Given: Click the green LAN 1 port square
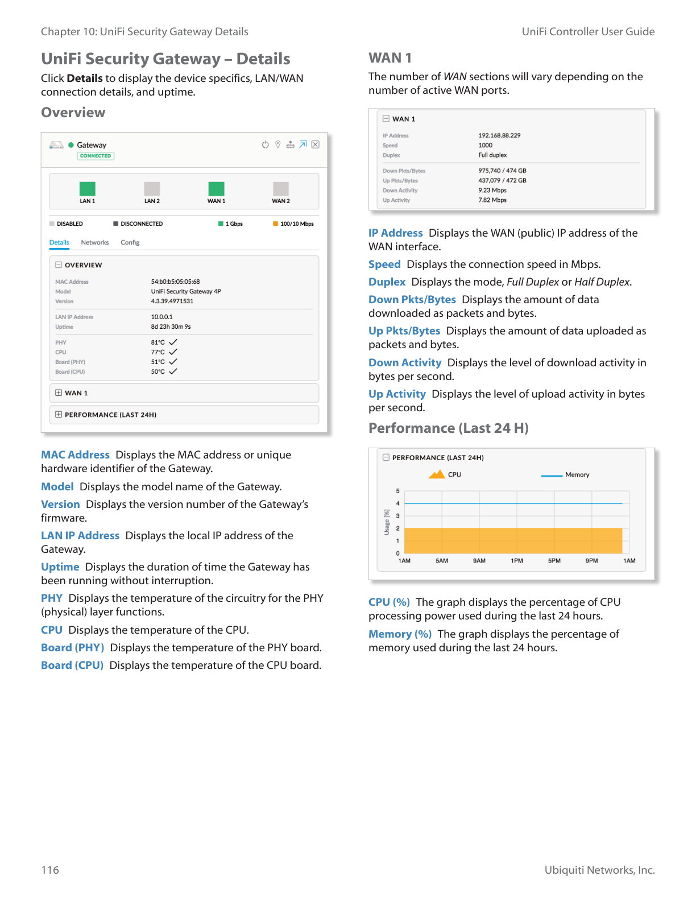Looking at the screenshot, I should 87,189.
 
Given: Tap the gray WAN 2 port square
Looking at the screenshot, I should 281,189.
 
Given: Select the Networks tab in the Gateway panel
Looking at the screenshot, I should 94,242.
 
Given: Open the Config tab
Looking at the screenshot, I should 130,242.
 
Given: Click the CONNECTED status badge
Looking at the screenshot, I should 96,156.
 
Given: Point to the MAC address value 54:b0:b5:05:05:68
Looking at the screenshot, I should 175,282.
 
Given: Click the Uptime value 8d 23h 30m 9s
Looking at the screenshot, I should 171,327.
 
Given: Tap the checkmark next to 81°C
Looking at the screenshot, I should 173,342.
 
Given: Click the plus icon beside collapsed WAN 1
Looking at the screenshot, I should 59,392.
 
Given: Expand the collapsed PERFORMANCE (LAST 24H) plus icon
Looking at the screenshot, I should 59,414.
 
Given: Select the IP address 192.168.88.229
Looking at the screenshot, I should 499,135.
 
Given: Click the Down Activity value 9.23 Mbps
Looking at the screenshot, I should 492,191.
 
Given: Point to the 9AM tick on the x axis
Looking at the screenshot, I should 479,561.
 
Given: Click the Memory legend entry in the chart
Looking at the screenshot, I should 577,475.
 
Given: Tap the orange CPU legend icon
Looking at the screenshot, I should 437,474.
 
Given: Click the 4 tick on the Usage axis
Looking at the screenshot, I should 398,503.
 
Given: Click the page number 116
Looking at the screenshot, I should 50,870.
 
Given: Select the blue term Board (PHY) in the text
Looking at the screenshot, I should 72,648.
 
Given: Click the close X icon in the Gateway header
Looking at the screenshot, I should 316,144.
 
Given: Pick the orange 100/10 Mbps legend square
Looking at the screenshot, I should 275,224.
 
